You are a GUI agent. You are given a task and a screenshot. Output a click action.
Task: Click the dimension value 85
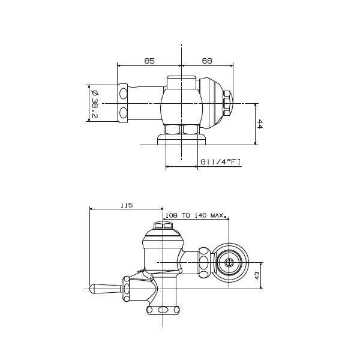tap(149, 61)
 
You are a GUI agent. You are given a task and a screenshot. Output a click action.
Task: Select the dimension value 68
tap(206, 61)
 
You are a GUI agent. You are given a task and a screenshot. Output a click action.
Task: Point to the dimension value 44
tap(260, 124)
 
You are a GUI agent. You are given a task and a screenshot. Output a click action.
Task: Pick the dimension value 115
tap(126, 205)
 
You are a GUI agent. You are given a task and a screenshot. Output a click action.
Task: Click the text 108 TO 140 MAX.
tap(194, 214)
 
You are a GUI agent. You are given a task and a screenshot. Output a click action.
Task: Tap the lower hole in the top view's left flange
tap(124, 112)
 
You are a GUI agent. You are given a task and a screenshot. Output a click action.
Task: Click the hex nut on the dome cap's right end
tap(229, 102)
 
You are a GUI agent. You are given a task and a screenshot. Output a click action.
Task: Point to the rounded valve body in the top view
tap(180, 103)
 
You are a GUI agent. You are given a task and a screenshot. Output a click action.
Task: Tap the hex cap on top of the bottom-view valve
tap(163, 227)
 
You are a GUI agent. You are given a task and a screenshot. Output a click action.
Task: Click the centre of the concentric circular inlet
tap(229, 262)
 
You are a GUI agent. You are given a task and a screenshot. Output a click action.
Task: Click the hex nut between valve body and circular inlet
tap(205, 262)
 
